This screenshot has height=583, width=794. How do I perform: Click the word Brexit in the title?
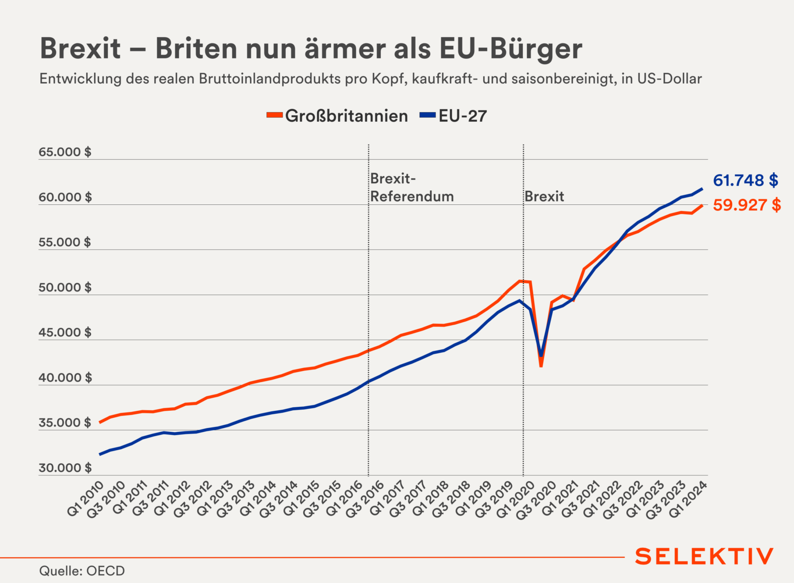click(x=81, y=49)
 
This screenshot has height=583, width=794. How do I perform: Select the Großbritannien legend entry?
click(x=338, y=116)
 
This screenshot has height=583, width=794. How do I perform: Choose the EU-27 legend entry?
click(x=453, y=116)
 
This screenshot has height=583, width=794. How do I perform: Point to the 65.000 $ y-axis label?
click(x=65, y=152)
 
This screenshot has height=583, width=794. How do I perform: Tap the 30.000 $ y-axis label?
click(x=65, y=468)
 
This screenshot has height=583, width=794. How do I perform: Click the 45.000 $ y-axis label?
click(x=65, y=332)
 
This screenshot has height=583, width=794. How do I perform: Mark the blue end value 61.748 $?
click(x=745, y=180)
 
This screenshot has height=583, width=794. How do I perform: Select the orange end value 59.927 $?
click(x=747, y=205)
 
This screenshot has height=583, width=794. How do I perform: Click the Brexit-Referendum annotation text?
click(x=412, y=187)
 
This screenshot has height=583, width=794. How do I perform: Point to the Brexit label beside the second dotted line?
click(x=544, y=196)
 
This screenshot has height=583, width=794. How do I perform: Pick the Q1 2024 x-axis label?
click(x=689, y=498)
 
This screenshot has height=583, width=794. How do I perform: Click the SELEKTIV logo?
click(x=704, y=556)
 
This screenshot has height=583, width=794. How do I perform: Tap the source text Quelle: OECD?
click(x=82, y=571)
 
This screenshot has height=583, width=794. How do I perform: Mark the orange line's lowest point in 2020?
click(x=541, y=366)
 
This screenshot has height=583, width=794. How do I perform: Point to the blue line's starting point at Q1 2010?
click(x=100, y=454)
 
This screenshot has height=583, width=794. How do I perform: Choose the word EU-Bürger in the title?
click(x=510, y=49)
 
